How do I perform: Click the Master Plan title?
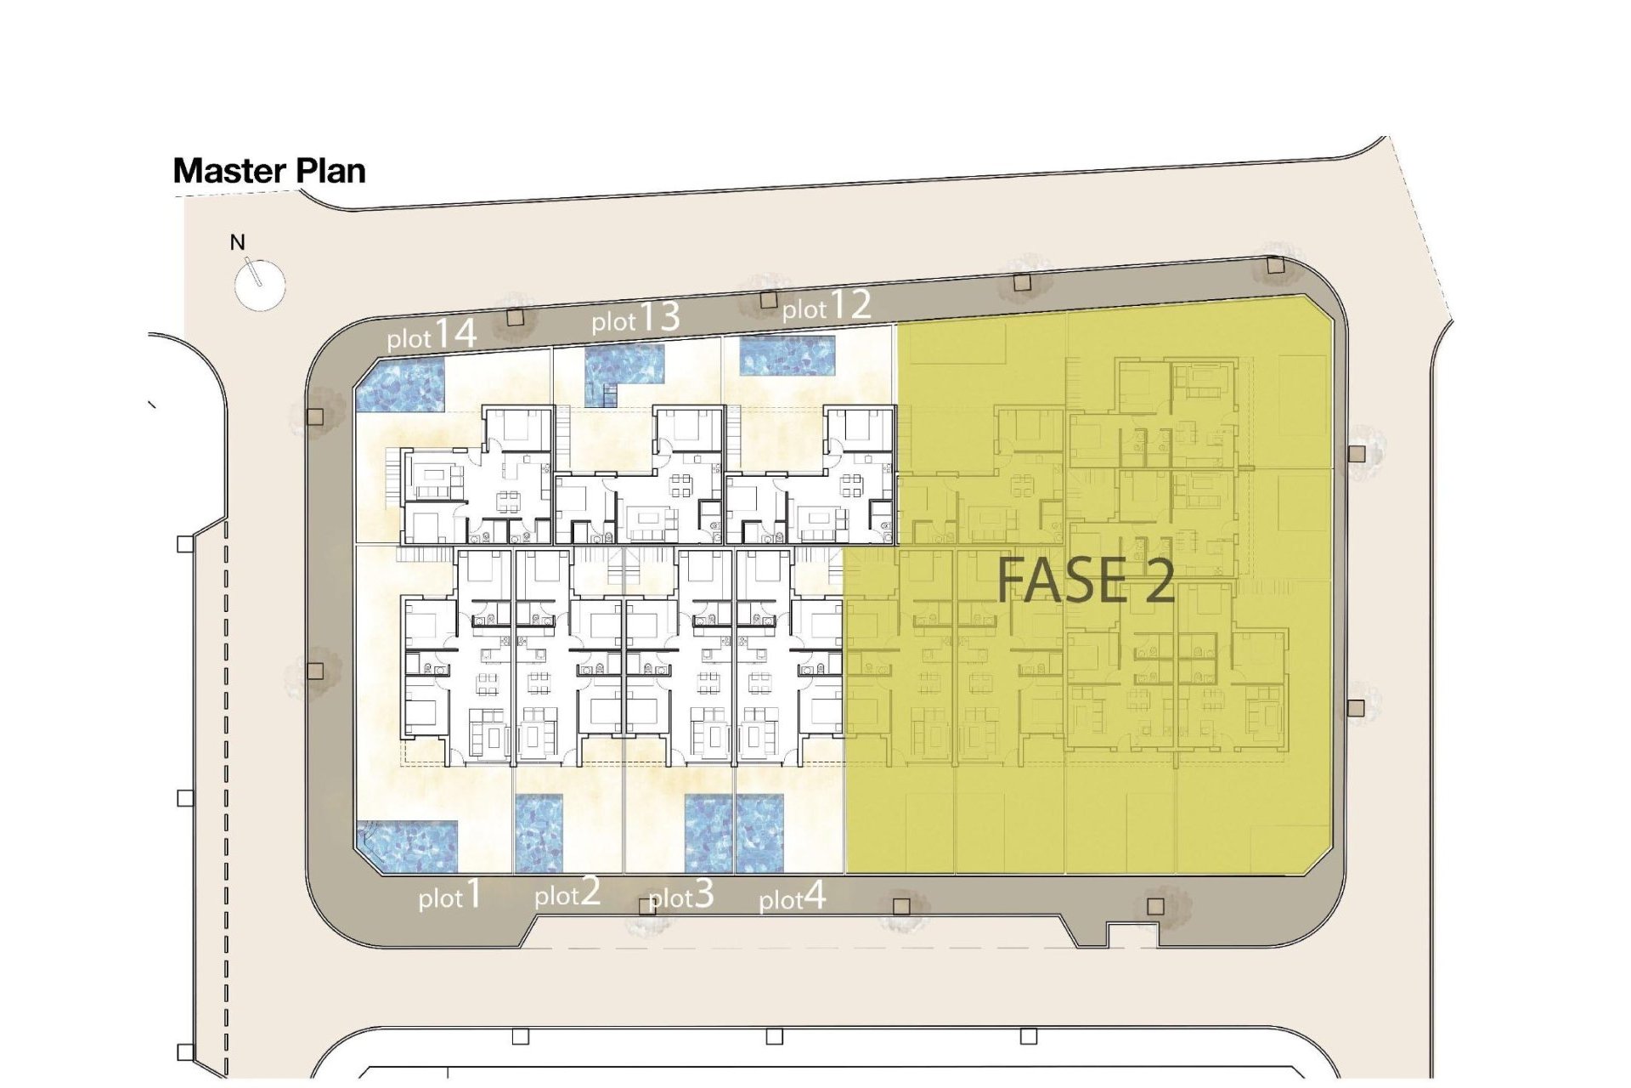coord(269,171)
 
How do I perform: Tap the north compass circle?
coord(259,284)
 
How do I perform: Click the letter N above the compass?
coord(238,242)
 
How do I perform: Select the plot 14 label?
coord(432,335)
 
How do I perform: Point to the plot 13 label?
coord(635,319)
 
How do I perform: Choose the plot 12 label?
coord(827,306)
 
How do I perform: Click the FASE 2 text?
coord(1086,581)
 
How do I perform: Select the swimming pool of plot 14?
coord(400,385)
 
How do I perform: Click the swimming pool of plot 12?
coord(787,356)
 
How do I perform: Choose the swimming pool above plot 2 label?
coord(539,834)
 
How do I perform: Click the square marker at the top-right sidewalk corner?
coord(1274,265)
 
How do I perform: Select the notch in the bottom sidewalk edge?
coord(1122,933)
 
